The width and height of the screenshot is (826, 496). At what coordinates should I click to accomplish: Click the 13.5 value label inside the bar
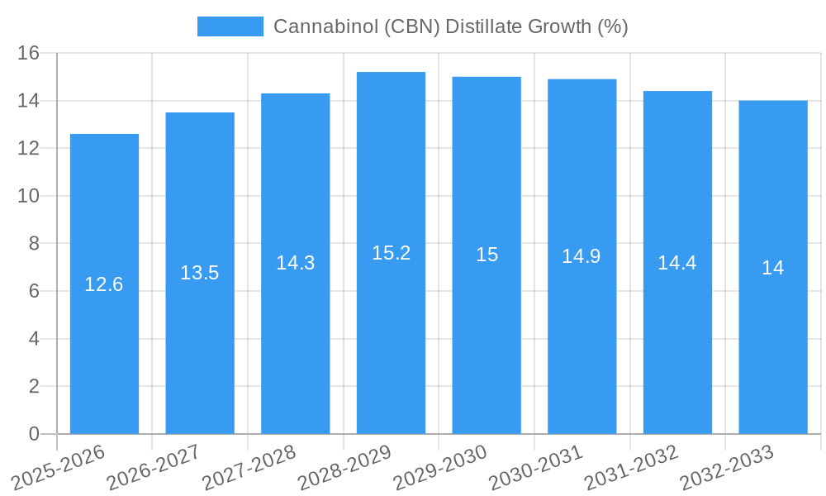(200, 273)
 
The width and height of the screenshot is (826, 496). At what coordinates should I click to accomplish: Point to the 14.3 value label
(295, 263)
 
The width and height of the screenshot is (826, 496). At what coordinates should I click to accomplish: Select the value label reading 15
(487, 255)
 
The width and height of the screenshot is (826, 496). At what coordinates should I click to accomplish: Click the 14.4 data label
(677, 263)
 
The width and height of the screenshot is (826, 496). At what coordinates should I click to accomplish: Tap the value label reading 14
(773, 268)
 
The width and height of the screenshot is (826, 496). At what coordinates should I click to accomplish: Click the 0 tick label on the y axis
(34, 434)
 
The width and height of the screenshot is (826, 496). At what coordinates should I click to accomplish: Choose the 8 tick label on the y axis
(34, 244)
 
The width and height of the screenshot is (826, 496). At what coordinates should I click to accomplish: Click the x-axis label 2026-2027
(154, 467)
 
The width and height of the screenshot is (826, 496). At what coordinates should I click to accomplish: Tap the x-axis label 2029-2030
(440, 467)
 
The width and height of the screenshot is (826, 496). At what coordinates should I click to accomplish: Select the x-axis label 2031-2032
(632, 467)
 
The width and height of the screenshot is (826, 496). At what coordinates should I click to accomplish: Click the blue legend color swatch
(230, 26)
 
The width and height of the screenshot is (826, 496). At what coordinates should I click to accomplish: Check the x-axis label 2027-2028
(249, 467)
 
